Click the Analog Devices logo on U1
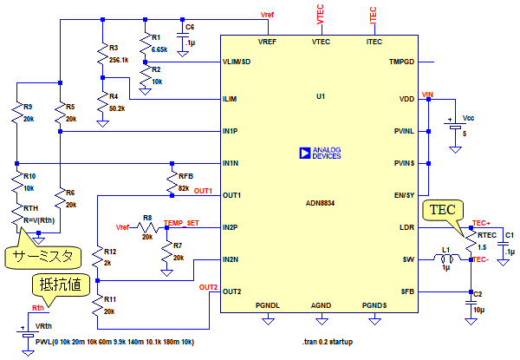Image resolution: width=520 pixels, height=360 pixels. coord(304,152)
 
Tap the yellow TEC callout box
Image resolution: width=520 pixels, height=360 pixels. coord(439,210)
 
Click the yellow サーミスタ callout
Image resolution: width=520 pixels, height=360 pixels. coord(42,256)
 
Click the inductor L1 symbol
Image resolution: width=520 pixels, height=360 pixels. coord(447,259)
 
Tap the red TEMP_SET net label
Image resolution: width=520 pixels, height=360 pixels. coord(181,223)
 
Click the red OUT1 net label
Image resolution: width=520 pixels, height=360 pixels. coord(204,190)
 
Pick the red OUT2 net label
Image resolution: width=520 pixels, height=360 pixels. coord(207,287)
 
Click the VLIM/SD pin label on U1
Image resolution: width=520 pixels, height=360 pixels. coord(238,62)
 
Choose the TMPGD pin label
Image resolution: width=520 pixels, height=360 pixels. coord(401,62)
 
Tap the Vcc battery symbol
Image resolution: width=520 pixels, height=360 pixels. coord(454,128)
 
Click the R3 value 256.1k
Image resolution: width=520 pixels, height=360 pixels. coord(120,60)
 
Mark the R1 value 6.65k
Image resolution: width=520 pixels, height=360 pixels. coord(159,49)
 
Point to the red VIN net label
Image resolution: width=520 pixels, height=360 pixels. coord(426,93)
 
